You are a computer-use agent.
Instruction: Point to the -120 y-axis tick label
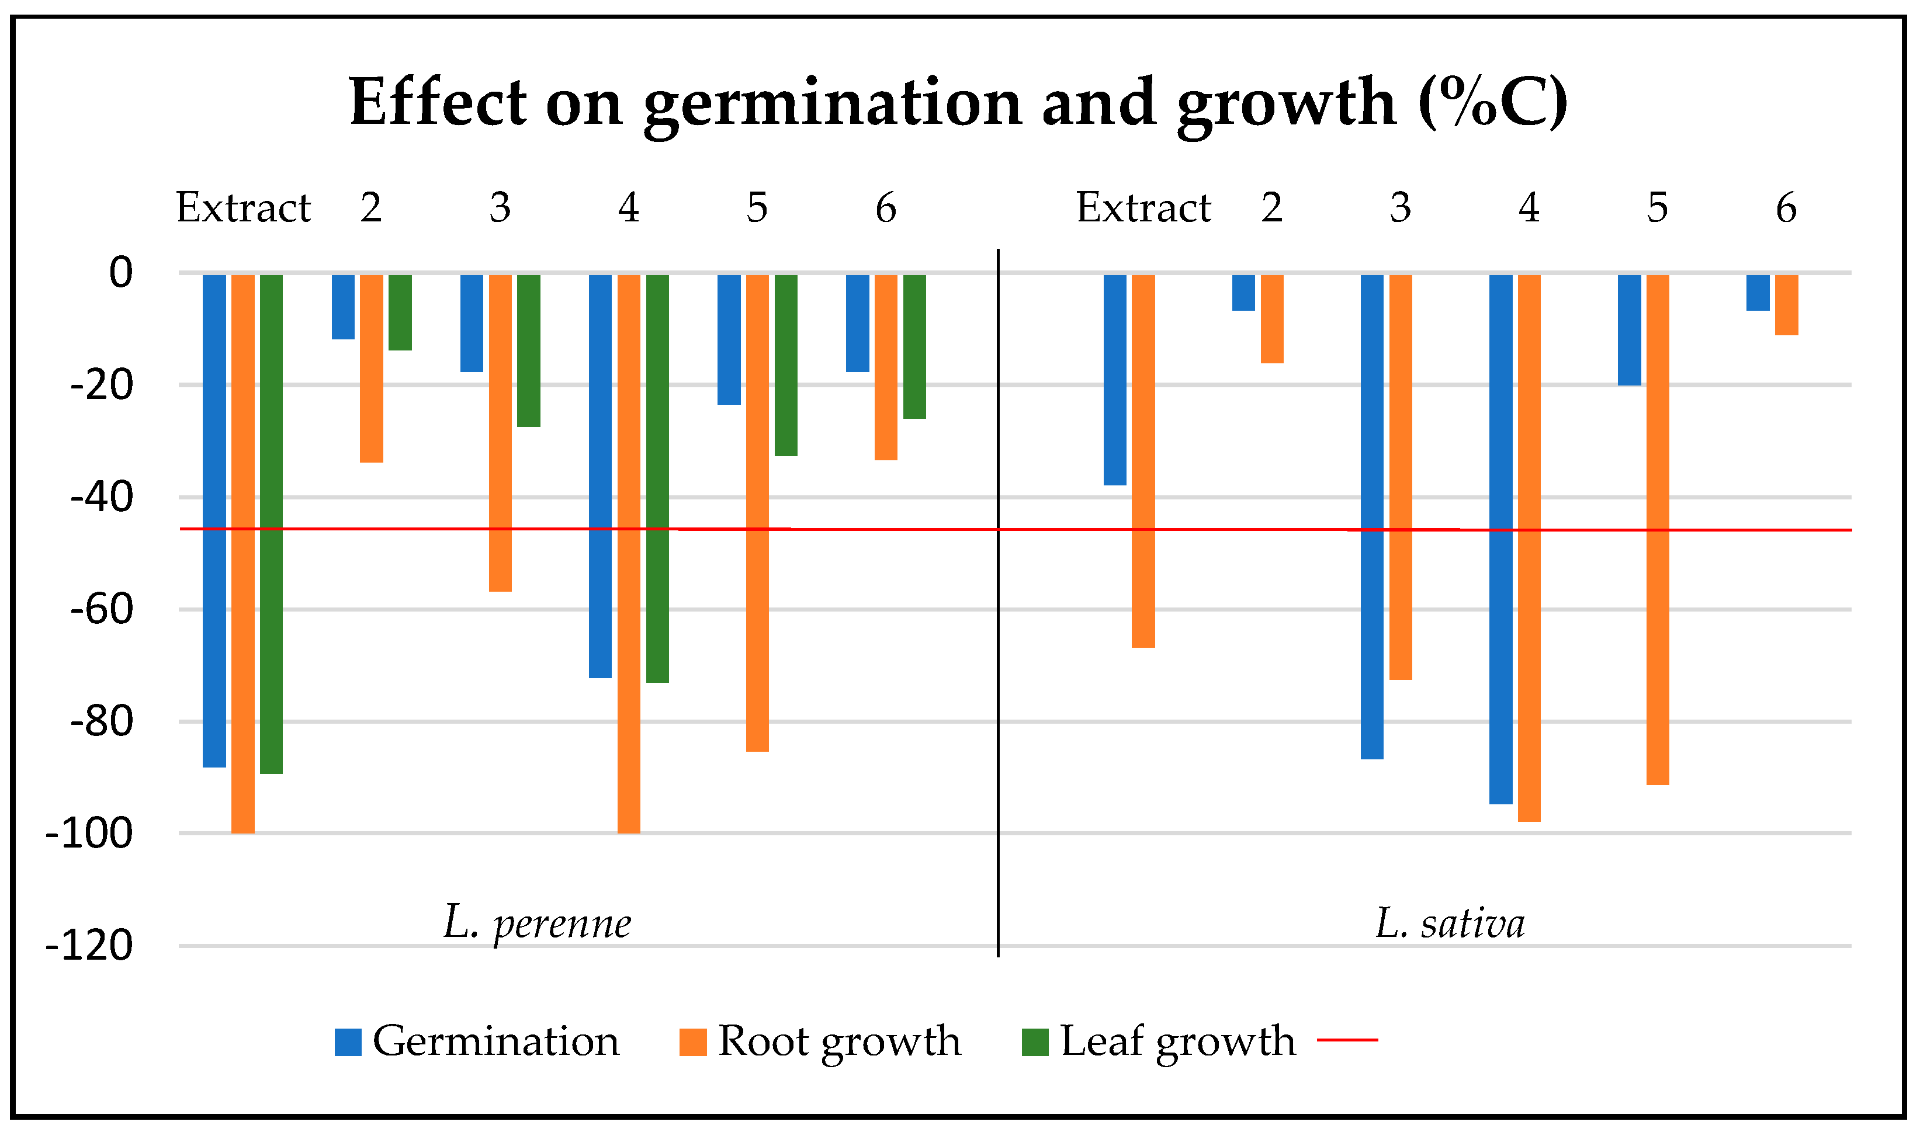(x=89, y=946)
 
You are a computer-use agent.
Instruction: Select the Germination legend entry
(x=477, y=1042)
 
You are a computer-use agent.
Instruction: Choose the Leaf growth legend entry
(x=1159, y=1042)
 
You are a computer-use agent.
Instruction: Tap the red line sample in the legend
(x=1348, y=1040)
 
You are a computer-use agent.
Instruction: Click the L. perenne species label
(x=538, y=923)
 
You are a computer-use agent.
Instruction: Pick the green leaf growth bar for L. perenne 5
(x=786, y=366)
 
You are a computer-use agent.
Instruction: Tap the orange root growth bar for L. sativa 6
(x=1787, y=305)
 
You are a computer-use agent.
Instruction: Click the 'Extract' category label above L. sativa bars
(x=1143, y=207)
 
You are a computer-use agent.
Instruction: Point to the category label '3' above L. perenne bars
(x=500, y=207)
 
